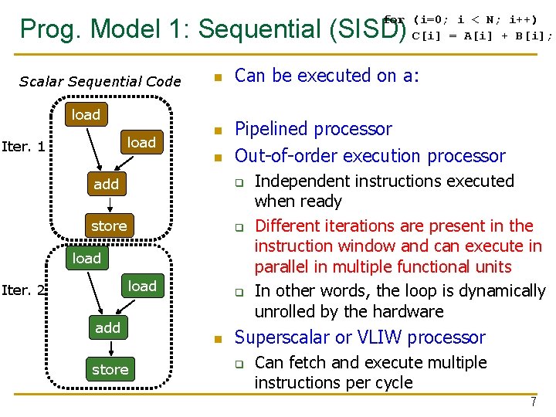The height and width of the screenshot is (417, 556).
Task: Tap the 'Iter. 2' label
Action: point(23,290)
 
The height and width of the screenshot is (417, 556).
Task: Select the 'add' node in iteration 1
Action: point(107,184)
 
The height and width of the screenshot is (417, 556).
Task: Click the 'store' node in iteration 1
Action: point(108,225)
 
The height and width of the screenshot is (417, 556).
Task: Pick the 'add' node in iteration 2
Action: point(107,327)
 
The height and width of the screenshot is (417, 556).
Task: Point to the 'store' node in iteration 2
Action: point(110,369)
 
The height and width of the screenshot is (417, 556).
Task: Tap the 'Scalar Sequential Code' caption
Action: point(100,81)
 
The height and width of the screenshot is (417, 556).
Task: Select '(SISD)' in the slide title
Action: point(367,29)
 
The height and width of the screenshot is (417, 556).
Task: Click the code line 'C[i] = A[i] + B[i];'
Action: point(482,35)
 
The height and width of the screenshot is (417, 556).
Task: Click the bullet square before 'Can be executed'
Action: point(219,77)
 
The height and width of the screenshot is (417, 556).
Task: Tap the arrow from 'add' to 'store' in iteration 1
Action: point(110,205)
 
